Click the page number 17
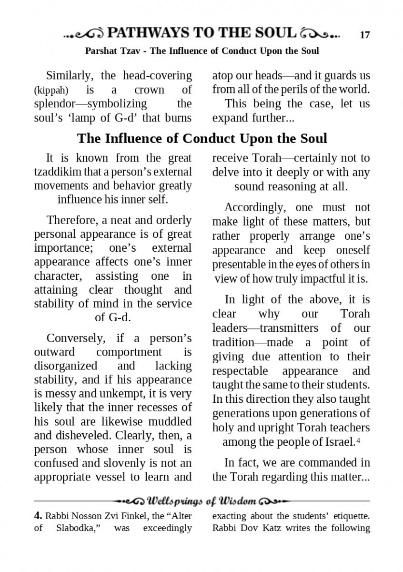click(x=364, y=35)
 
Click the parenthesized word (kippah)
click(x=51, y=90)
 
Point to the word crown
click(x=149, y=90)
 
